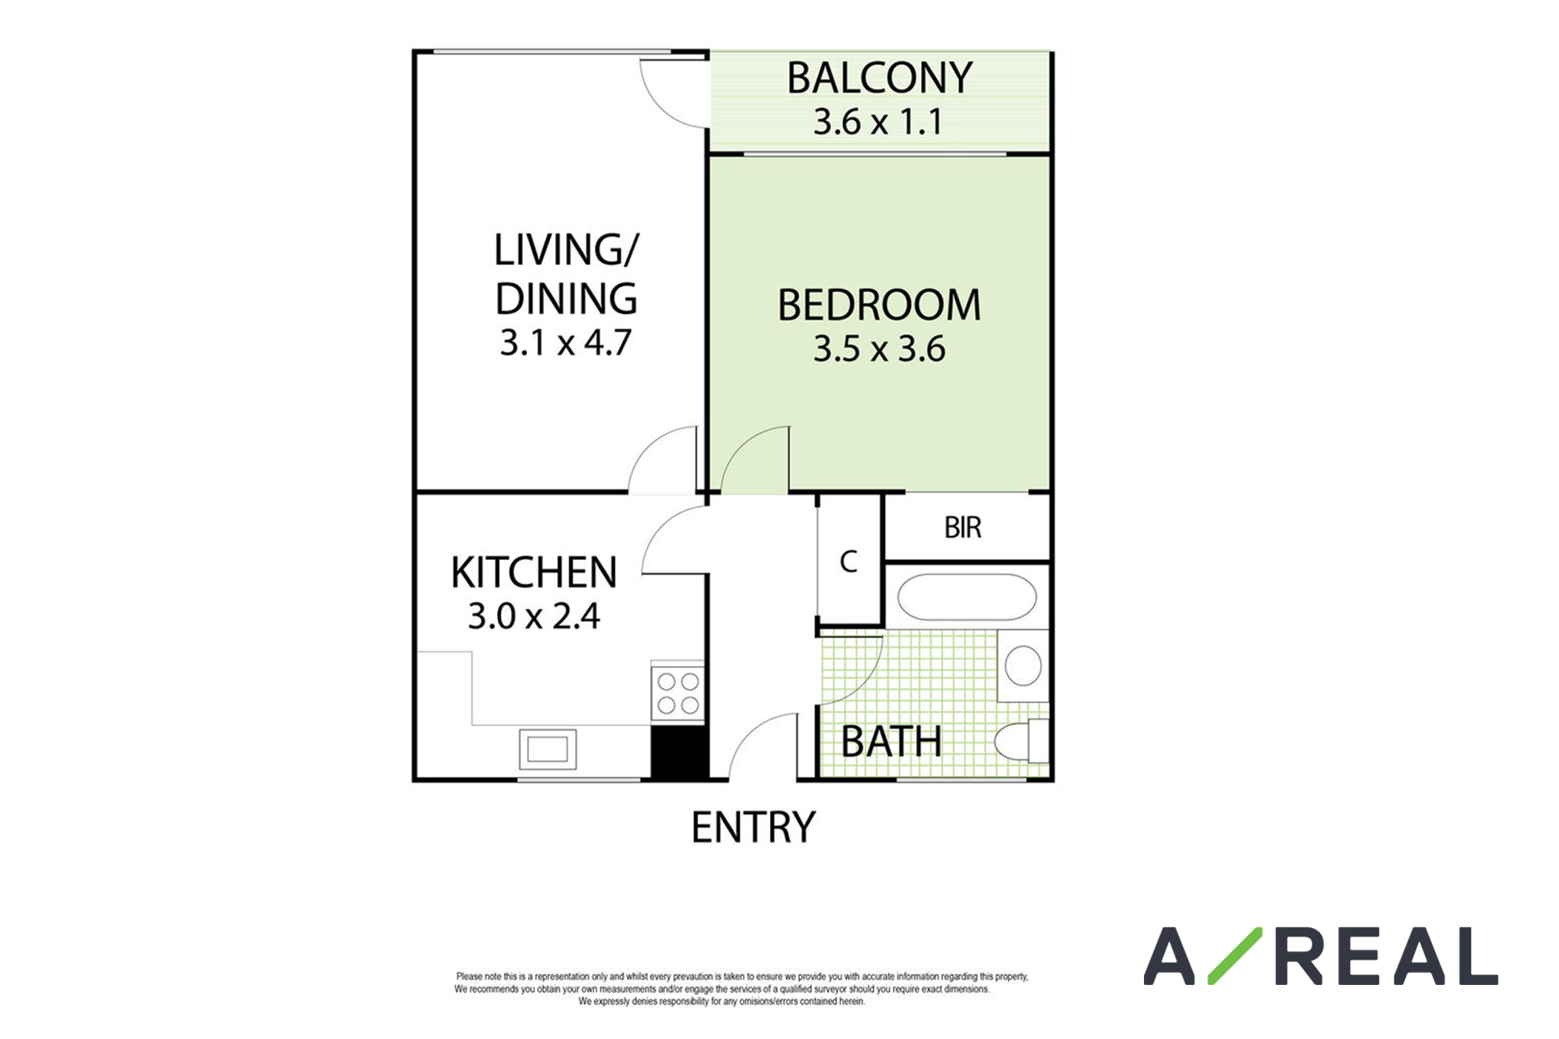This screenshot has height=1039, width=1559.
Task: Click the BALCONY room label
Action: pyautogui.click(x=879, y=78)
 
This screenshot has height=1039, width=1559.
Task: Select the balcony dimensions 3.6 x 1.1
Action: pyautogui.click(x=878, y=122)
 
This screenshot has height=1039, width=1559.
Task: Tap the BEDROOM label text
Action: pyautogui.click(x=879, y=305)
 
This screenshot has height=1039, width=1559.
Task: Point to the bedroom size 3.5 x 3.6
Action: pyautogui.click(x=879, y=349)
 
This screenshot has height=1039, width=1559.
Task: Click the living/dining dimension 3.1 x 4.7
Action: pyautogui.click(x=566, y=343)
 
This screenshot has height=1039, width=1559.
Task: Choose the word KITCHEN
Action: pyautogui.click(x=534, y=573)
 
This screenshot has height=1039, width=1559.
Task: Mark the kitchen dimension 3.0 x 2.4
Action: pyautogui.click(x=534, y=616)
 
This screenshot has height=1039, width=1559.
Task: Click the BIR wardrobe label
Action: pyautogui.click(x=963, y=528)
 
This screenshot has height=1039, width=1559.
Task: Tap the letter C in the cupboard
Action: pyautogui.click(x=849, y=561)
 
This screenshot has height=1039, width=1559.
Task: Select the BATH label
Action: pyautogui.click(x=891, y=742)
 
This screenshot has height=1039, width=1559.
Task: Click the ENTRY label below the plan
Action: pyautogui.click(x=754, y=828)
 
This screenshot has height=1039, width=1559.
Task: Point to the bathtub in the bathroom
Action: pyautogui.click(x=967, y=597)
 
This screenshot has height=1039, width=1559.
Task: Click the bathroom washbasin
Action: pyautogui.click(x=1023, y=665)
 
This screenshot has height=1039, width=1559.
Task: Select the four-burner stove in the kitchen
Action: pyautogui.click(x=678, y=693)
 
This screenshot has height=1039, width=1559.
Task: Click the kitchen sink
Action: pyautogui.click(x=548, y=749)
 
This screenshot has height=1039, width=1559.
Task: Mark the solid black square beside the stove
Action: pyautogui.click(x=679, y=751)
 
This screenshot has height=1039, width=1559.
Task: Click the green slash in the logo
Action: pyautogui.click(x=1235, y=956)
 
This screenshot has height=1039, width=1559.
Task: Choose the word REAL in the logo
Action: pyautogui.click(x=1386, y=956)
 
